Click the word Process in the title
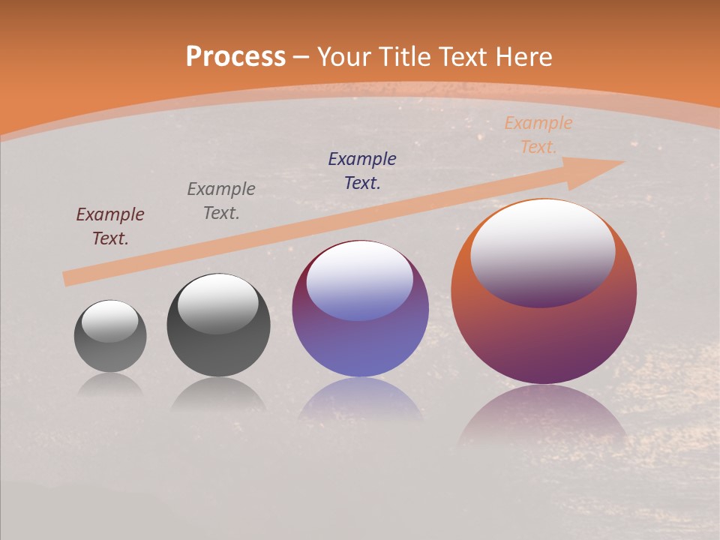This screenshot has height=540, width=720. click(235, 57)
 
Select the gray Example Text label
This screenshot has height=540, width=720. click(221, 201)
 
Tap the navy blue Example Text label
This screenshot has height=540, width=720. click(362, 170)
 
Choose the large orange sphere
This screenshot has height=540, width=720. click(544, 337)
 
